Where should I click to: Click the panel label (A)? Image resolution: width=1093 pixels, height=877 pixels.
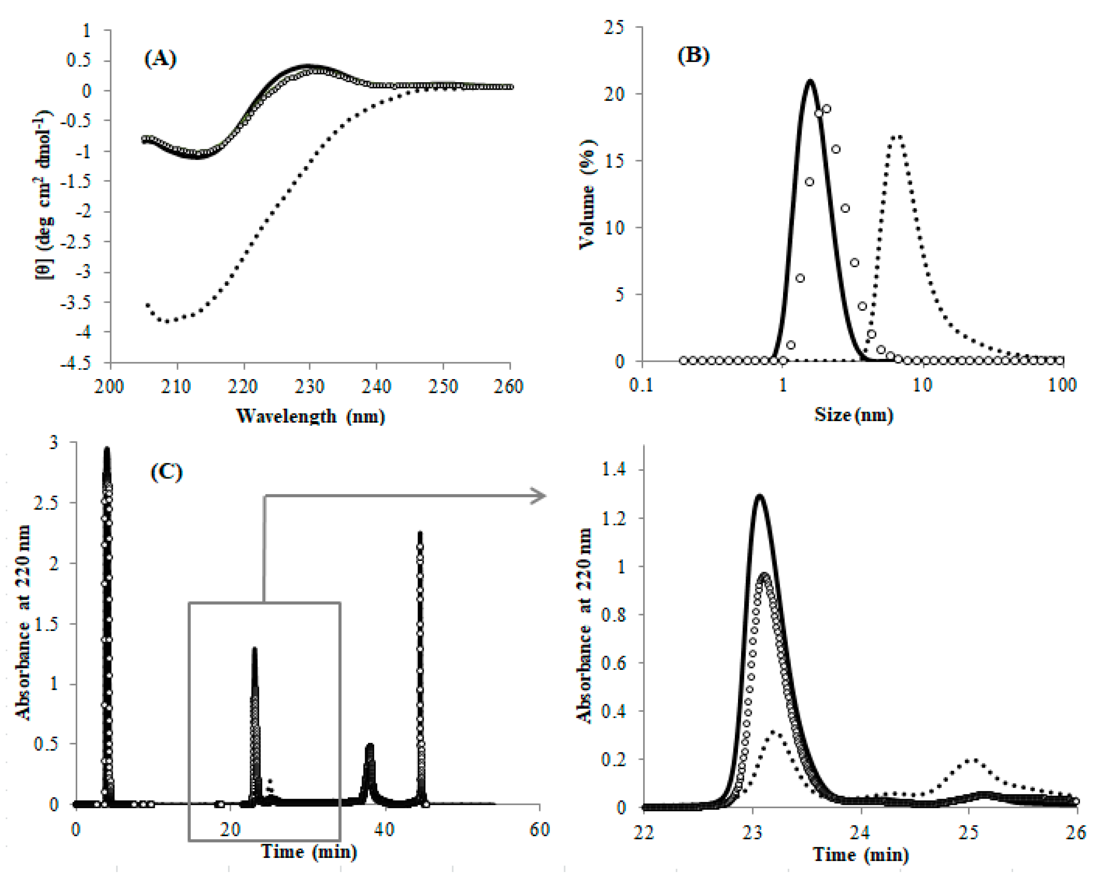[x=160, y=59]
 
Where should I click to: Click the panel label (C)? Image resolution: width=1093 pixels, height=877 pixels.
[x=166, y=472]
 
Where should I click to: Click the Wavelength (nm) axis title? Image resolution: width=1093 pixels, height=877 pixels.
[x=310, y=416]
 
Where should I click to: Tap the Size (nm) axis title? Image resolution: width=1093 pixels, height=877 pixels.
[x=853, y=415]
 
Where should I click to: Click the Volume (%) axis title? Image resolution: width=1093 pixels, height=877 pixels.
[x=587, y=195]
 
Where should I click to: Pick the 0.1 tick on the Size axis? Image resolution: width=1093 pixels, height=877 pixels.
[x=641, y=385]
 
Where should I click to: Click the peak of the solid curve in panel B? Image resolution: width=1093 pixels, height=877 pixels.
[x=810, y=81]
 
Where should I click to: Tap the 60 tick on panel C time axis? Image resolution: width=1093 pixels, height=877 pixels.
[x=539, y=830]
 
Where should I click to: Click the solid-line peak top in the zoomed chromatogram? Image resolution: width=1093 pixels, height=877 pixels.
[x=759, y=495]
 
